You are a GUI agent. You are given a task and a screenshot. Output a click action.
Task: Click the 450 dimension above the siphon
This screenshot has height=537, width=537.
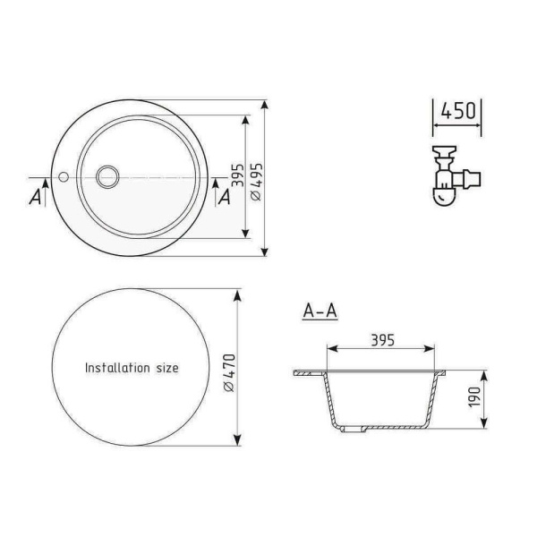458,112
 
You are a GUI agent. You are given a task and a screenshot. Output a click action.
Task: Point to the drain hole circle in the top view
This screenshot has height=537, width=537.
108,175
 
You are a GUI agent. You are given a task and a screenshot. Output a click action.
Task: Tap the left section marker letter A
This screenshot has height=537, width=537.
35,197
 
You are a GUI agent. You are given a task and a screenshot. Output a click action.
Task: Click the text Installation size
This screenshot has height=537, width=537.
132,368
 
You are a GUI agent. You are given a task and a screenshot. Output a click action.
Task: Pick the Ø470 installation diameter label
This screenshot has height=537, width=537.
229,368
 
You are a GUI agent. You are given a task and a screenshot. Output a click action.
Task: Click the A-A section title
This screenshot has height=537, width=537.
320,311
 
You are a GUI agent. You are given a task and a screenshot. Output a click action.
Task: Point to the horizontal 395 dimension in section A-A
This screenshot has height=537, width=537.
382,340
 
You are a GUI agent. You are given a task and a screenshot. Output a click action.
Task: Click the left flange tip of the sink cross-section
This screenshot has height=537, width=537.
294,370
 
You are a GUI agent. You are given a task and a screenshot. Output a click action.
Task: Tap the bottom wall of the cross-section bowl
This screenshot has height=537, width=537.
385,430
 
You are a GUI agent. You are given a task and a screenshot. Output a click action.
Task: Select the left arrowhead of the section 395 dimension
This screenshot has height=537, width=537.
329,350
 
